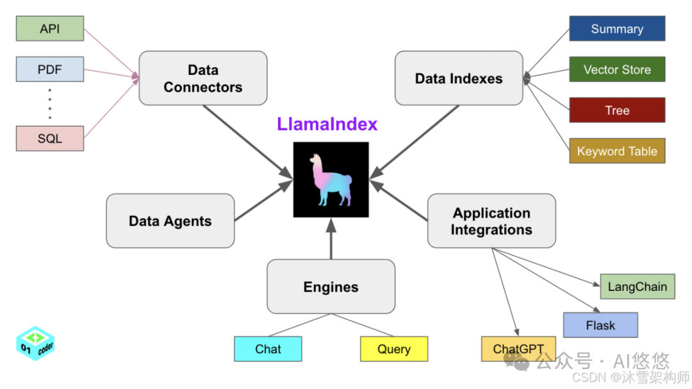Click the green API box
point(50,29)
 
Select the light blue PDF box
point(50,69)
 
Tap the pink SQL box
point(50,138)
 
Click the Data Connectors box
point(202,78)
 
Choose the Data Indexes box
point(459,78)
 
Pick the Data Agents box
point(170,221)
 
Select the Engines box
point(331,286)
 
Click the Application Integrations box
point(491,221)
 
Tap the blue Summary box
point(617,29)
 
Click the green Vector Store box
point(617,69)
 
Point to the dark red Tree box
point(617,110)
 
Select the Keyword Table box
point(617,151)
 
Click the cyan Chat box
point(268,349)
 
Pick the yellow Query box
point(393,349)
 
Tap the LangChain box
point(637,286)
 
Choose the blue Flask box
point(600,325)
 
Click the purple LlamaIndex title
point(327,124)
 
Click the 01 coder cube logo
point(35,343)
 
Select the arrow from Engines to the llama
point(331,240)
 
